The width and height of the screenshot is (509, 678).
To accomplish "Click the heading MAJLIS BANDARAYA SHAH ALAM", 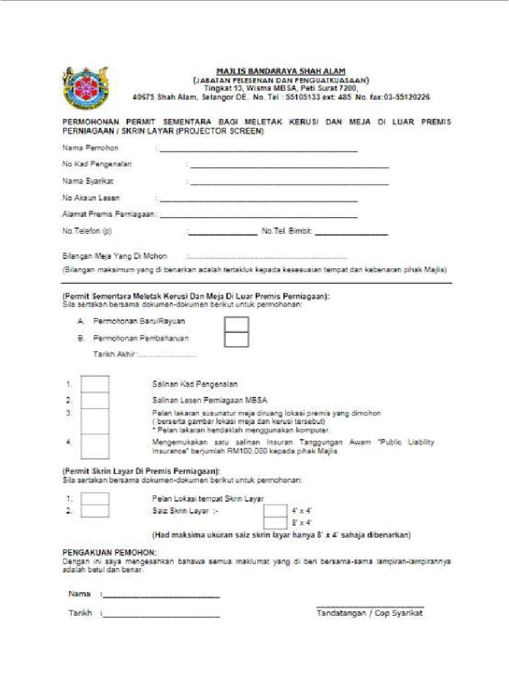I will (281, 71).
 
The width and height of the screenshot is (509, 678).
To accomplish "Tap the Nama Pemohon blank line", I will (258, 151).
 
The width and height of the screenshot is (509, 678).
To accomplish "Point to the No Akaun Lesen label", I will (91, 198).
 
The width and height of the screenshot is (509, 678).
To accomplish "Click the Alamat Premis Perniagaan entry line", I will (258, 217).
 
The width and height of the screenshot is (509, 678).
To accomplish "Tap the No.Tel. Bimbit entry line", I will (351, 234).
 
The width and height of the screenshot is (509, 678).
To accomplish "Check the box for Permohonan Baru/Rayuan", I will (237, 324).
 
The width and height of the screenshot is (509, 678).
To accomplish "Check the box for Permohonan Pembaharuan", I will (237, 340).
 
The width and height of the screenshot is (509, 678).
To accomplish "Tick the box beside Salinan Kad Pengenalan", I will (95, 385).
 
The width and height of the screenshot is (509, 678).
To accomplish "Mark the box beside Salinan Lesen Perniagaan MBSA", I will (95, 401).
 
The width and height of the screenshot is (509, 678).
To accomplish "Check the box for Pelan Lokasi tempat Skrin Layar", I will (95, 499).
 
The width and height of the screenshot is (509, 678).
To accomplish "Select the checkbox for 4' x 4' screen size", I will (275, 511).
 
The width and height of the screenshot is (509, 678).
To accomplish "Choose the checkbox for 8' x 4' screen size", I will (275, 522).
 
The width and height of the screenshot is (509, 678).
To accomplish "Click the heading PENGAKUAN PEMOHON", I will (109, 552).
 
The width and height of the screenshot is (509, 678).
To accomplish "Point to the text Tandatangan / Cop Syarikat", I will (370, 613).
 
